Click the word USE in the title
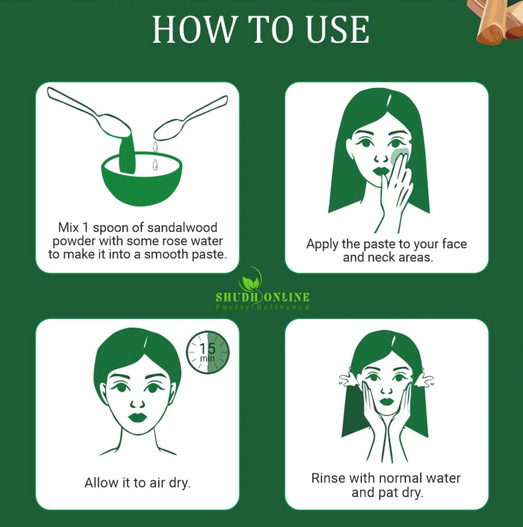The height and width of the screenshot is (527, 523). (338, 30)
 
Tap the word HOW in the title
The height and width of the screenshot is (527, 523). (194, 30)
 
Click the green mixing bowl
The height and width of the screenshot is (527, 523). (142, 180)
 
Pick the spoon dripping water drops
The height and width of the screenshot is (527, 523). (190, 119)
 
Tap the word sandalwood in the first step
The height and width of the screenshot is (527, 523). (182, 228)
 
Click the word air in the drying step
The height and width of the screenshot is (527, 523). (157, 483)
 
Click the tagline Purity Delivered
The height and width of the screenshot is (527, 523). (263, 307)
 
